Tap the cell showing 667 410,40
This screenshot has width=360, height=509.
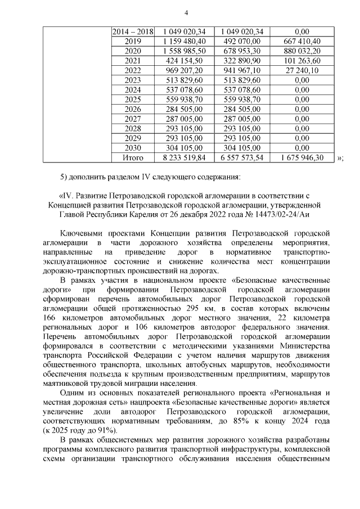coord(301,41)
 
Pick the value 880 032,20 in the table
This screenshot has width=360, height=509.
coord(301,51)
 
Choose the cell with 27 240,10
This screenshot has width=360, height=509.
coord(301,70)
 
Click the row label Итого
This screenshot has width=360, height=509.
coord(133,158)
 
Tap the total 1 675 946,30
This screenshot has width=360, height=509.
coord(301,158)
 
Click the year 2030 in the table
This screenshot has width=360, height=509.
coord(133,148)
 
